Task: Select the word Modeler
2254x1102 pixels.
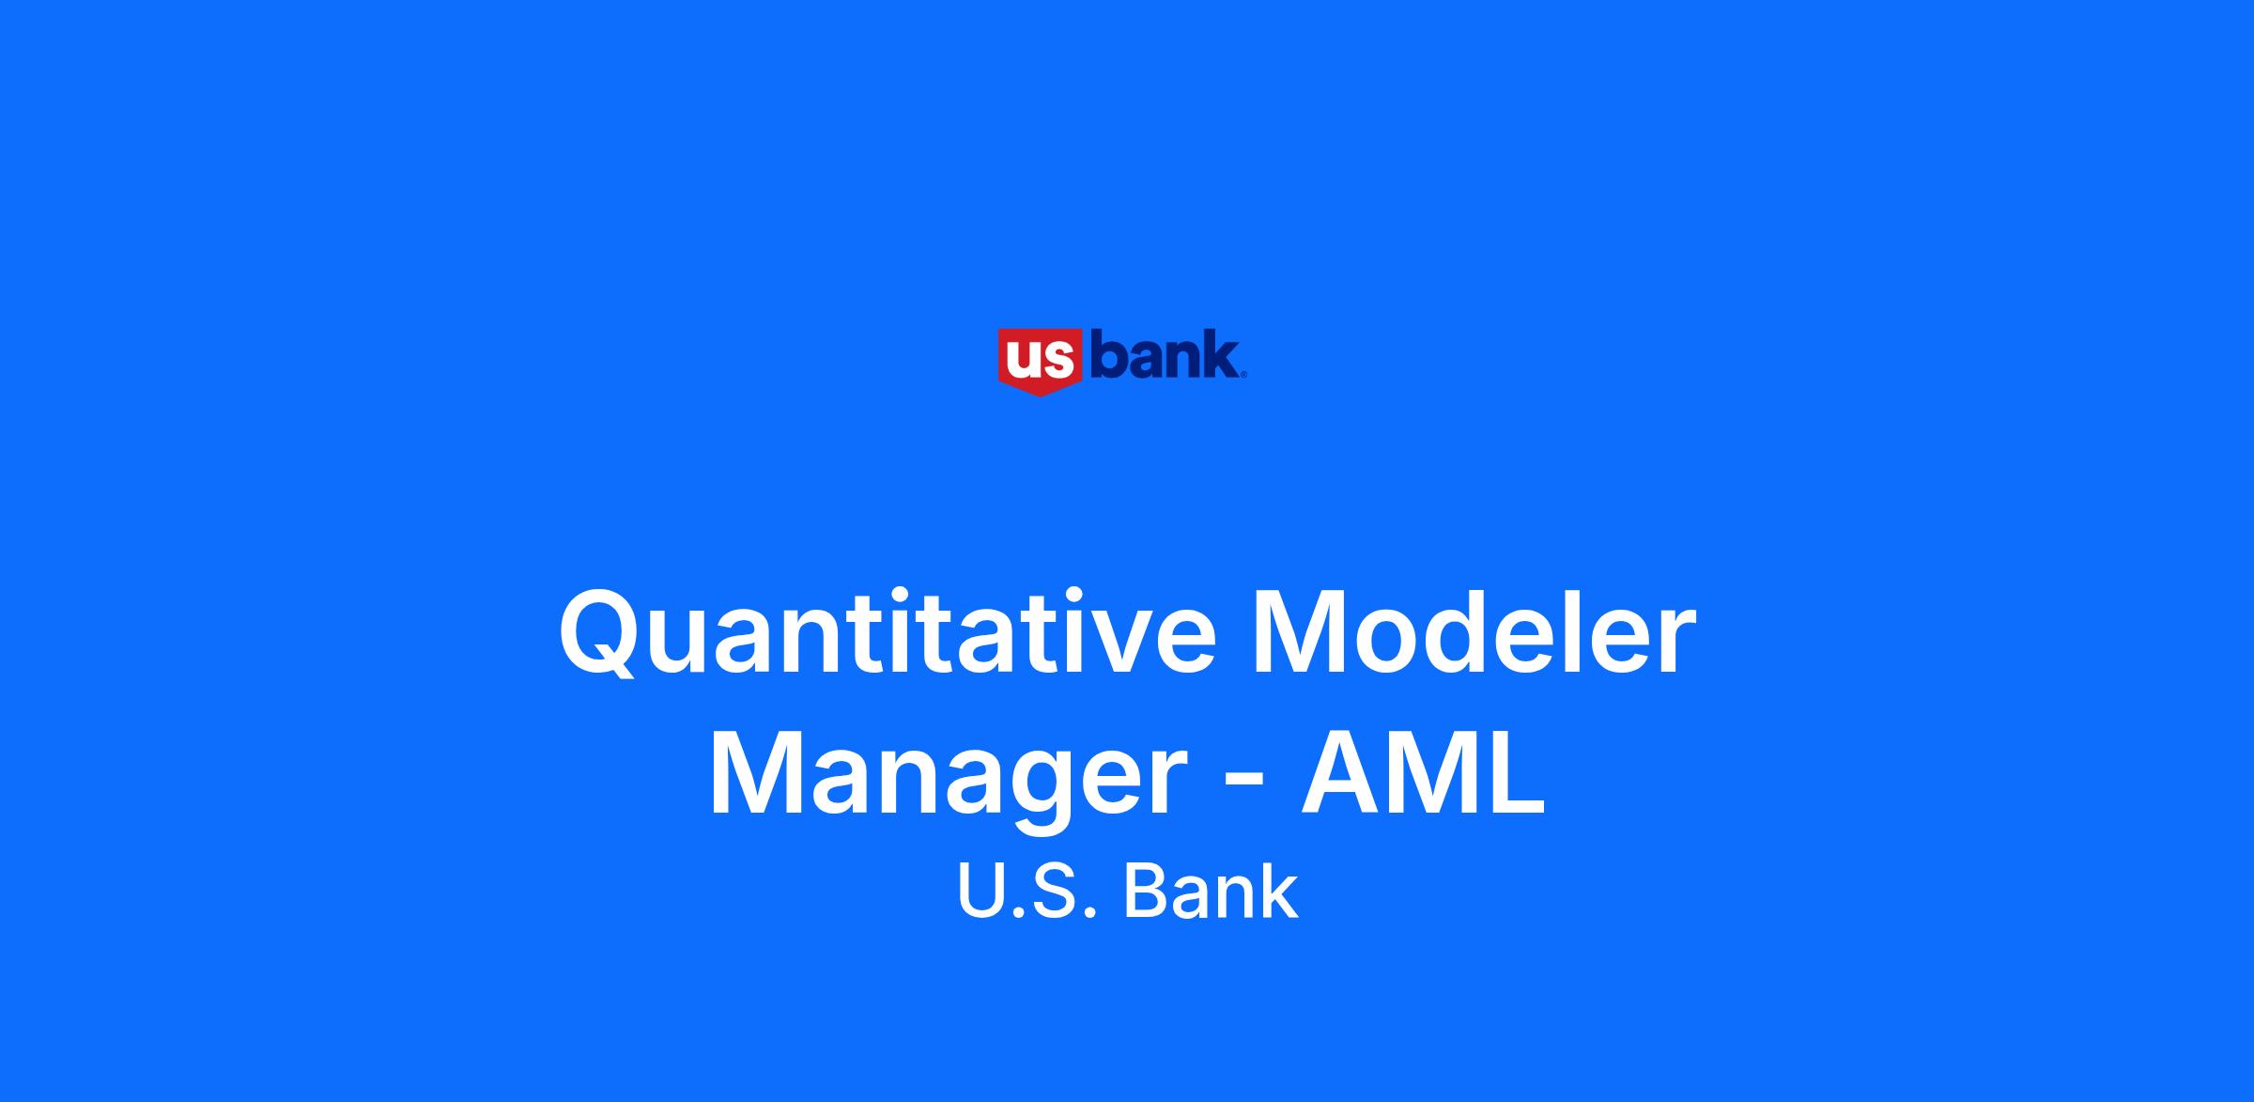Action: tap(1474, 630)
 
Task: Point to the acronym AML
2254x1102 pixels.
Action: tap(1423, 771)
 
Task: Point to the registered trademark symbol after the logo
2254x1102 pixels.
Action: tap(1244, 375)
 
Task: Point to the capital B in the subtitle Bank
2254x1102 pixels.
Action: tap(1146, 891)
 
